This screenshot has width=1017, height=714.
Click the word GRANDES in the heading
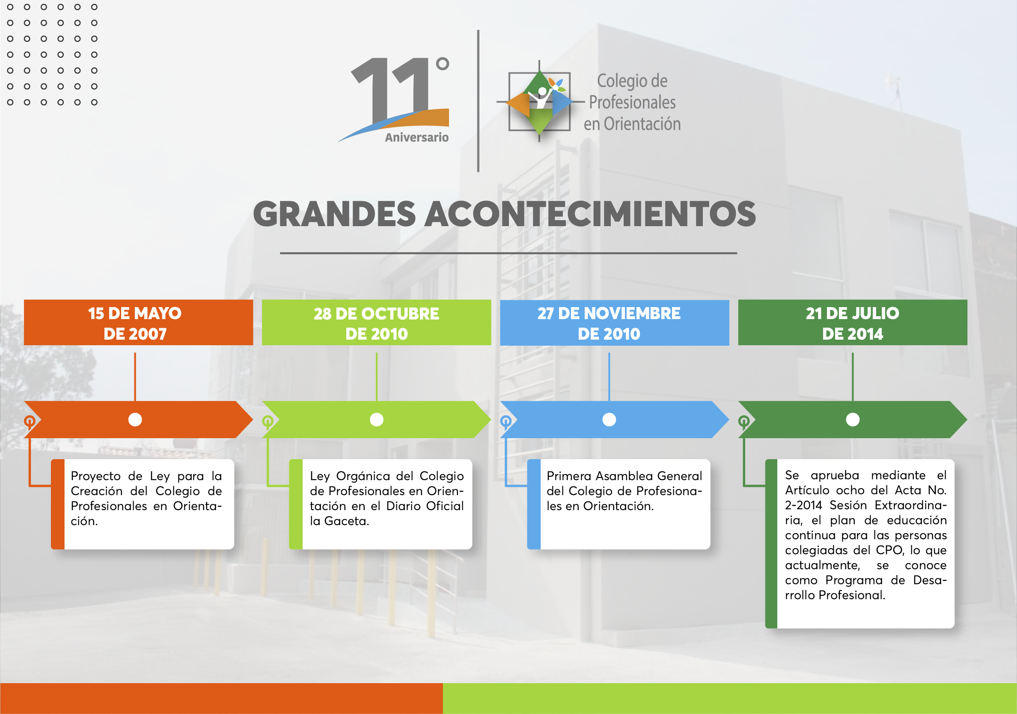[x=334, y=214]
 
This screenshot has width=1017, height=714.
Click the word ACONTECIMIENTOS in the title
[x=590, y=214]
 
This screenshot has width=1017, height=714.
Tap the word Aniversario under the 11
[x=417, y=137]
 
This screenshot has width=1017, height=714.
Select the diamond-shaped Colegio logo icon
[x=539, y=102]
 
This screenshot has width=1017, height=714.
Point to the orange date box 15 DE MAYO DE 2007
[x=139, y=323]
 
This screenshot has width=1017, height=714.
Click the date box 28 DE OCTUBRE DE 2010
[x=377, y=323]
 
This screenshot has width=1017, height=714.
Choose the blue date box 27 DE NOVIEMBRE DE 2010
[x=614, y=323]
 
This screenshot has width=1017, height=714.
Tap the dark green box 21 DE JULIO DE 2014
[x=853, y=323]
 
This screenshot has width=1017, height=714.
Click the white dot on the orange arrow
[x=135, y=419]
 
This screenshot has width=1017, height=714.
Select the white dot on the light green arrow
[x=377, y=419]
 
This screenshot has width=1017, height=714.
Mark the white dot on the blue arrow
[x=609, y=419]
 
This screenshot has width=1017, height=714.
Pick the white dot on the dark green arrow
[x=853, y=419]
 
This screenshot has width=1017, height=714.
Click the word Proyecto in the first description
[x=96, y=476]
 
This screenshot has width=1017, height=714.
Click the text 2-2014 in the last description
[x=803, y=505]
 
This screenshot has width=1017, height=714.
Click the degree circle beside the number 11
[x=442, y=64]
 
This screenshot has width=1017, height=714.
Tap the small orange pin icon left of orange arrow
[x=30, y=422]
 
